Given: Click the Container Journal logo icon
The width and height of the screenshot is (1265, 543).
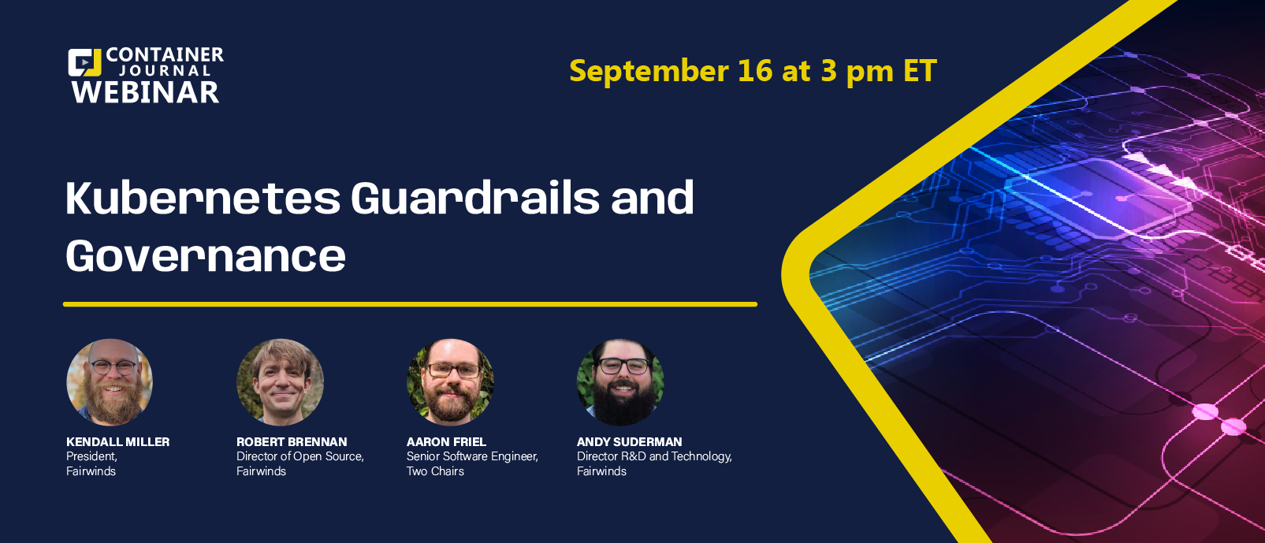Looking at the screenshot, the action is [84, 62].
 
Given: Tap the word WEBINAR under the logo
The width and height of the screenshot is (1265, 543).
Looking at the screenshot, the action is [145, 92].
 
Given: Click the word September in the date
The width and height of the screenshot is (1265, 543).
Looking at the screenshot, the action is [649, 72].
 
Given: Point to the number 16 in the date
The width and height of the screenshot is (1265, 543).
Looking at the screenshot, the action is [754, 71].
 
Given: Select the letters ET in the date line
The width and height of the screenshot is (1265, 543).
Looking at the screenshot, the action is [920, 71].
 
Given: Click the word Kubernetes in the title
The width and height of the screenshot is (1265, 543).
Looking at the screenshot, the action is [203, 198].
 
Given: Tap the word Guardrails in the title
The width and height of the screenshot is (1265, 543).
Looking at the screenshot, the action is [475, 198].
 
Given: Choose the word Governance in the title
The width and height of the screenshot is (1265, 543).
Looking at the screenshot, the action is [206, 255].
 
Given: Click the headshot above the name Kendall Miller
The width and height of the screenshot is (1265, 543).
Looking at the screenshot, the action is [110, 382].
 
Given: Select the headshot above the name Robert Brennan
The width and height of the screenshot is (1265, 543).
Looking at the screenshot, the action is [280, 382].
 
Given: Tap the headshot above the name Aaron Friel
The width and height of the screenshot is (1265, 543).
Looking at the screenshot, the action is [450, 382].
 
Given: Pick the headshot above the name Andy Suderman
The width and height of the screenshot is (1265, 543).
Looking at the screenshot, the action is [620, 382].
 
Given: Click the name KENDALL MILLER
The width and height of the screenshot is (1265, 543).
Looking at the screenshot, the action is [118, 442].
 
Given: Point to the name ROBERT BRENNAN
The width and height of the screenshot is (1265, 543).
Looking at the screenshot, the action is [292, 442].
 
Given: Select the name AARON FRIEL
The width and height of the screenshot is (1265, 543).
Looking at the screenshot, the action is [446, 442].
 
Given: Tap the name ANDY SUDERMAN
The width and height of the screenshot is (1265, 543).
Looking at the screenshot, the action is [629, 442].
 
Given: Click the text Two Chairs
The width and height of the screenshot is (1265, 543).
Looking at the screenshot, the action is [435, 471].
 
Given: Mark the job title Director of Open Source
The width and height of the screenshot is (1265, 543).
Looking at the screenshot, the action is [300, 456].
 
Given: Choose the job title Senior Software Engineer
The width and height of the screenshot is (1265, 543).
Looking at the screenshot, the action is [471, 456].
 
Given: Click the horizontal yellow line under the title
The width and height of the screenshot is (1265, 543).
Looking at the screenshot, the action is [410, 304].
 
